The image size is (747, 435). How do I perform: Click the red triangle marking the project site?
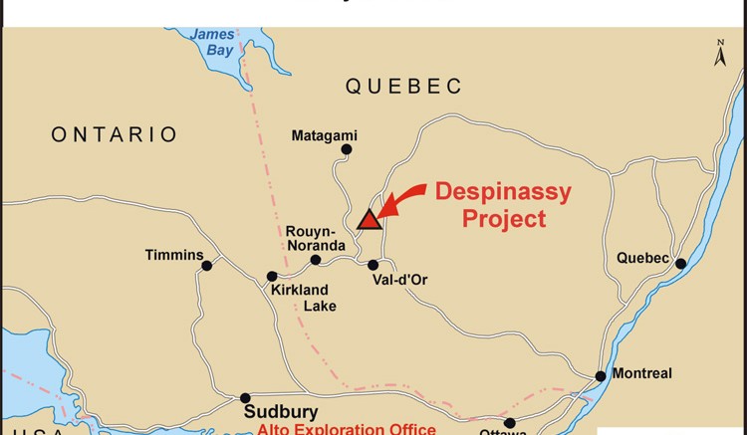click(370, 219)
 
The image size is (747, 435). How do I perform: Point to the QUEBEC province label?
click(404, 87)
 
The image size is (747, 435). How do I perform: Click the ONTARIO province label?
click(115, 134)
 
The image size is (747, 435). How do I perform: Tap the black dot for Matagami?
click(347, 150)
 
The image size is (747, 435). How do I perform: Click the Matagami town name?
click(324, 135)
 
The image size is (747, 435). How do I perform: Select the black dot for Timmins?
click(207, 265)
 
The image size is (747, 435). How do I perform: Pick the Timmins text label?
click(174, 255)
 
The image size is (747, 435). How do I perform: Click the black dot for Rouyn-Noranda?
click(316, 260)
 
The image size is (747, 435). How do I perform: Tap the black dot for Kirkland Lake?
click(271, 277)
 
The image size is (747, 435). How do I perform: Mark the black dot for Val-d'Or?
click(373, 265)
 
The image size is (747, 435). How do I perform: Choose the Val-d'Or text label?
click(399, 280)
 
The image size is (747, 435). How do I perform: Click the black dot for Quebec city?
click(681, 264)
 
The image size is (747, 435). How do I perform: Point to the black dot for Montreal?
click(601, 376)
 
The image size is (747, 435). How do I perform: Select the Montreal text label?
click(642, 373)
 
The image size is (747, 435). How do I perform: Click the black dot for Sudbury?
click(245, 397)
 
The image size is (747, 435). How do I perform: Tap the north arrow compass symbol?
click(720, 55)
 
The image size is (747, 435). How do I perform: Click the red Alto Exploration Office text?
click(347, 429)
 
